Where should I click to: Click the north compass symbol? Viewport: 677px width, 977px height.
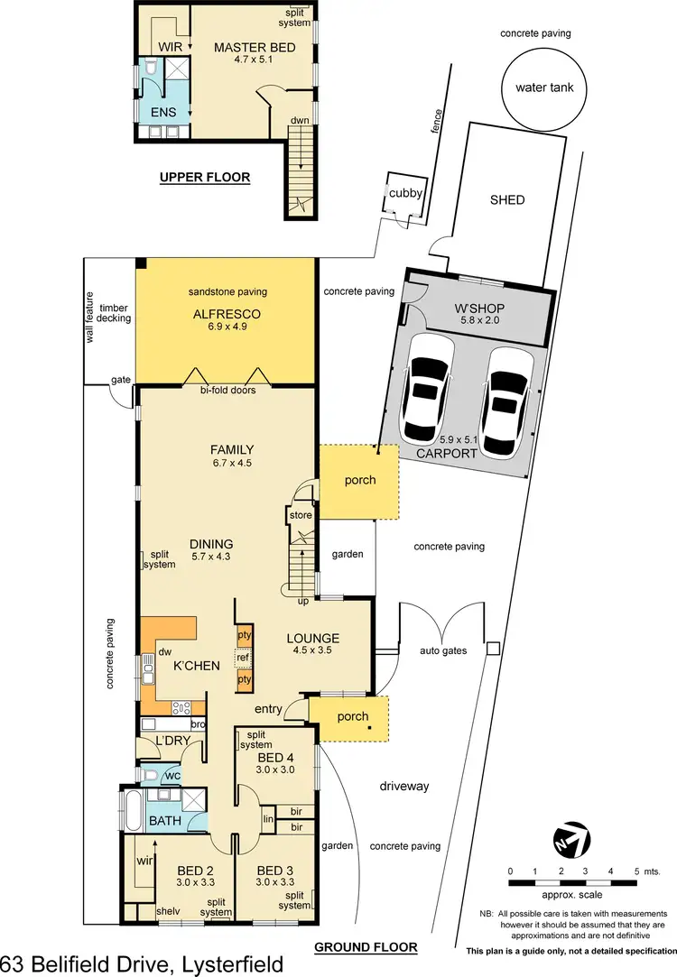coord(570,840)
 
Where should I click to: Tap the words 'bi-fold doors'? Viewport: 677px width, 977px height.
coord(227,391)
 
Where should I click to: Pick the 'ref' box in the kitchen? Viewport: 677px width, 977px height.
coord(243,658)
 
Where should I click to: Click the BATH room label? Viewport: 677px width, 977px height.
coord(165,821)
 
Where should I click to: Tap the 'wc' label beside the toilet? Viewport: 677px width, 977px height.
coord(171,775)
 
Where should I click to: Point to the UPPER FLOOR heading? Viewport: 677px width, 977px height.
coord(204,178)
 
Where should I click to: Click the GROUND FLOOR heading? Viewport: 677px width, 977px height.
coord(365,947)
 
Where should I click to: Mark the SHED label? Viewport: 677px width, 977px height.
coord(506,199)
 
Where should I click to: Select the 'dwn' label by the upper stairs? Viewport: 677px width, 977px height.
coord(300,120)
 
